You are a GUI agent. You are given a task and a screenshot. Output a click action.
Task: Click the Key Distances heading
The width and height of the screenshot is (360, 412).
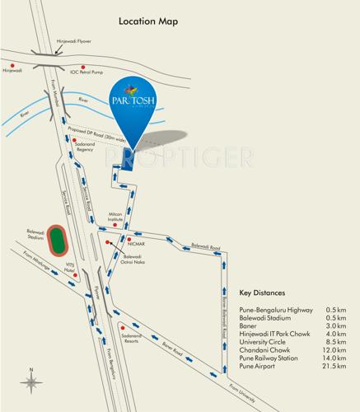[x=261, y=293]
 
